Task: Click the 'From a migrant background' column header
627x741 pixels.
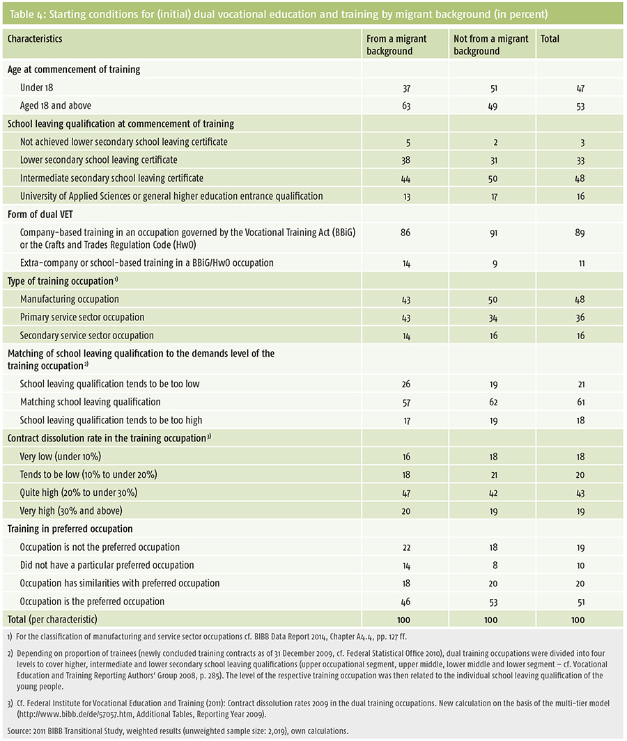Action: coord(396,45)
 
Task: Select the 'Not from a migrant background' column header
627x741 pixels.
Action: coord(491,45)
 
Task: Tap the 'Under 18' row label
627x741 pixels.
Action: coord(36,88)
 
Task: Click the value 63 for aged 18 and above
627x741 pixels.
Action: coord(406,106)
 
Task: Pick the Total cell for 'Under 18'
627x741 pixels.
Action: coord(580,88)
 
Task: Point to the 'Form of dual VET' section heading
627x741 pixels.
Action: coord(40,214)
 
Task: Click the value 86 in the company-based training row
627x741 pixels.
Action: coord(405,233)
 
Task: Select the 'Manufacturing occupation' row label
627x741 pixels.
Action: coord(70,299)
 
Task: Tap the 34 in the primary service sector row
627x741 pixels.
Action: coord(493,318)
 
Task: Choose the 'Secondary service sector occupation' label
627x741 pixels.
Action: coord(86,336)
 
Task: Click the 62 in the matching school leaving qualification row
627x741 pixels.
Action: coord(493,402)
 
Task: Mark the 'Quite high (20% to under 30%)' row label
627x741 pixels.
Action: coord(79,492)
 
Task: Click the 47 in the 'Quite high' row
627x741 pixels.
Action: coord(405,493)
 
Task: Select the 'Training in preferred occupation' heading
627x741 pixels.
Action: coord(70,529)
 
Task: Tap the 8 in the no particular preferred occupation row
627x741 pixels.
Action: coord(494,565)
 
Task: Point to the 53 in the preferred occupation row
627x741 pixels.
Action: coord(493,602)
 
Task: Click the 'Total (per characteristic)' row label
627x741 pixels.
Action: coord(52,620)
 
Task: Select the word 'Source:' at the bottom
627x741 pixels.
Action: coord(19,731)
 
